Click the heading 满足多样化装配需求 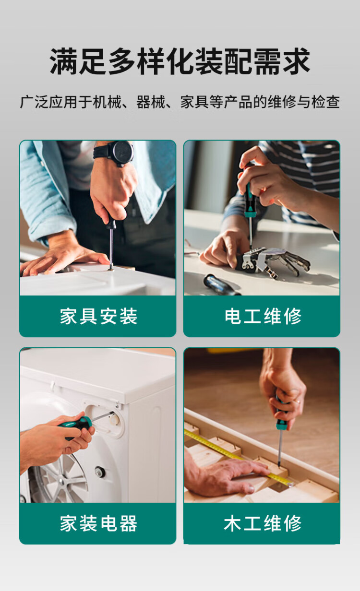pos(180,61)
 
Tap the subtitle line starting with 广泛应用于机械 pos(180,102)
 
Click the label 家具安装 pos(98,316)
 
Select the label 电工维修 pos(263,316)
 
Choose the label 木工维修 pos(263,523)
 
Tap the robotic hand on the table pos(272,262)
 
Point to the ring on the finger pos(298,402)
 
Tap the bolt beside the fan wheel pos(100,472)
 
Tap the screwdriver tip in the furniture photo pos(111,268)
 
